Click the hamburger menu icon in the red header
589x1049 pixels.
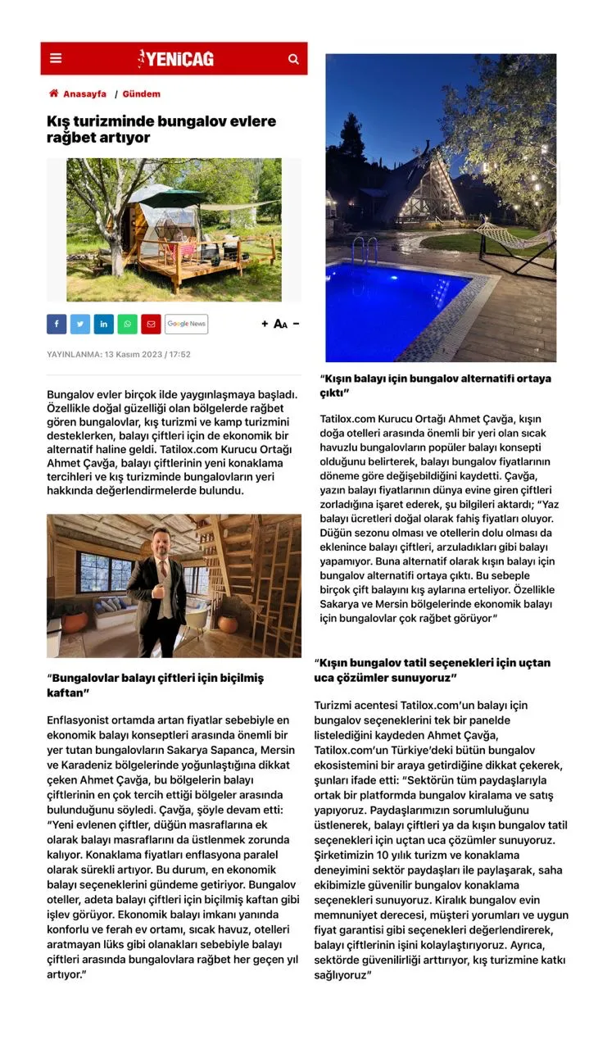tap(56, 58)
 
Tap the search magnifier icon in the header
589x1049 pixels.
tap(293, 59)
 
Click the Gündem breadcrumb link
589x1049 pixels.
tap(141, 94)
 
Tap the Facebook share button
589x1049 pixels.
tap(57, 324)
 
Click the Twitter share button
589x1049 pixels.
tap(80, 324)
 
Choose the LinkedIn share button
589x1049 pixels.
tap(103, 324)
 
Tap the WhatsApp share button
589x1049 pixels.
tap(127, 324)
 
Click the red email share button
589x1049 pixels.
tap(151, 324)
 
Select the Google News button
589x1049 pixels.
tap(186, 324)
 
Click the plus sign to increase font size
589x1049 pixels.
tap(265, 324)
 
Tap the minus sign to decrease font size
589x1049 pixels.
tap(296, 324)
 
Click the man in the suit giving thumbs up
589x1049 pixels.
tap(157, 590)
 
